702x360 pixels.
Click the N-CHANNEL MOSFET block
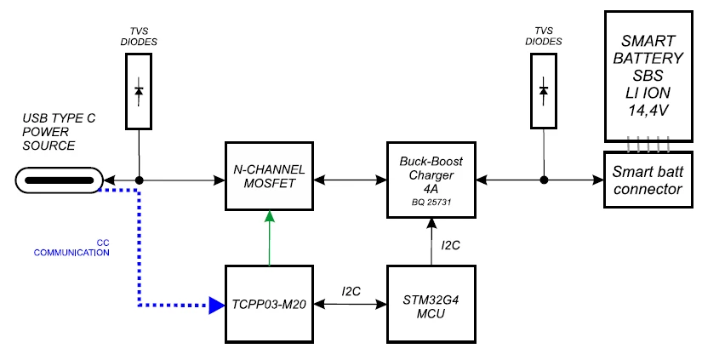269,176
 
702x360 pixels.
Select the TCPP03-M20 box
269,305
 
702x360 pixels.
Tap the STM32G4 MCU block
431,305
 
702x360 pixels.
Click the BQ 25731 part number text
431,202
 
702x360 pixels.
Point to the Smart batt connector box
648,180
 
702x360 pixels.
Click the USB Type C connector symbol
60,180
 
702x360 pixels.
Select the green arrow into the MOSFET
269,237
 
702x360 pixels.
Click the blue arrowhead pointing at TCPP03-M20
217,306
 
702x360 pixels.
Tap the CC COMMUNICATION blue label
71,248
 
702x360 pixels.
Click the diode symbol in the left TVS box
139,91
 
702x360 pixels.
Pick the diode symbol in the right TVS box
544,91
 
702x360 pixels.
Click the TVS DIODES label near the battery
544,37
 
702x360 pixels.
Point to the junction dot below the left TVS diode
140,180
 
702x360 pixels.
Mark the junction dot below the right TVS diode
544,180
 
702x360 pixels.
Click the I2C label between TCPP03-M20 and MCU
351,292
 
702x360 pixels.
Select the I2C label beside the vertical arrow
450,245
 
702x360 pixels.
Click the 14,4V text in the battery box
648,111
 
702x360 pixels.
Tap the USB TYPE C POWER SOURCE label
59,132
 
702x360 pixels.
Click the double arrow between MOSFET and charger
350,180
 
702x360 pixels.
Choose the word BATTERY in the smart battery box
648,58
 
